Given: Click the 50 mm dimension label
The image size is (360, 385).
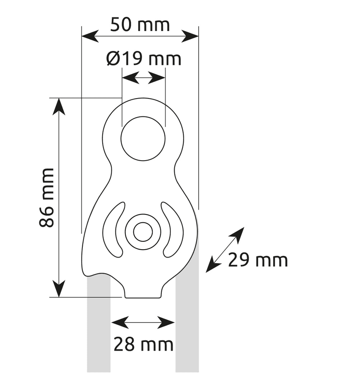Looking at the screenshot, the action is coord(140,24).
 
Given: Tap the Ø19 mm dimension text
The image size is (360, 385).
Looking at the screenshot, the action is coord(144,59).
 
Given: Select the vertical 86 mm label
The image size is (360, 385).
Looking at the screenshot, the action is coord(46,197).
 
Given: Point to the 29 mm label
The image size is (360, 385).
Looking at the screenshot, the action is coord(258,260).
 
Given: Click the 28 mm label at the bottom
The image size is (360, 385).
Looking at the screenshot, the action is coord(144,344).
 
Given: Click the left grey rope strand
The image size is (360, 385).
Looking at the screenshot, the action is coord(98,324).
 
